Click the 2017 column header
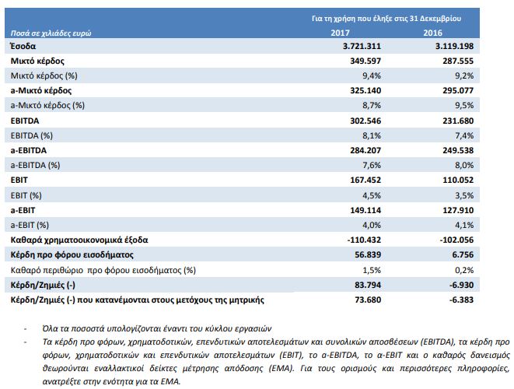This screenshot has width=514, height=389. tap(340, 33)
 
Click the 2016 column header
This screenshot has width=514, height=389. tap(432, 33)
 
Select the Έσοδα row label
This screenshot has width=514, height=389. tap(23, 46)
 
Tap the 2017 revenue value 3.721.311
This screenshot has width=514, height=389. tap(362, 46)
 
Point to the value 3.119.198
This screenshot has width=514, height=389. tap(454, 46)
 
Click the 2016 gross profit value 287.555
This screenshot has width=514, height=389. tap(458, 61)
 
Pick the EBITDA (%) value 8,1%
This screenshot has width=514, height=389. tap(372, 135)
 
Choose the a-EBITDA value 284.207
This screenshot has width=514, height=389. tap(365, 151)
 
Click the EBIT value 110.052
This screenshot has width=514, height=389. tap(458, 180)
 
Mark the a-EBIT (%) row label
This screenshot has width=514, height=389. tap(30, 225)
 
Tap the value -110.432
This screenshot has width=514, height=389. tap(364, 240)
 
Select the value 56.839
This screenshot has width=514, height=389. tap(368, 255)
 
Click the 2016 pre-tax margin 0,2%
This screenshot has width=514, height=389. tap(464, 270)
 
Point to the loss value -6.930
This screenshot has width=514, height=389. tap(461, 285)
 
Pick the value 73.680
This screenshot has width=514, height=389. tap(368, 300)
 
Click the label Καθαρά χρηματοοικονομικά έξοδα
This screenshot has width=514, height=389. tap(79, 240)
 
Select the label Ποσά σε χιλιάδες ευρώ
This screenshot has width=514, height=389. tap(51, 33)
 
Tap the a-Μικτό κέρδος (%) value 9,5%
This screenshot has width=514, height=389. tap(464, 105)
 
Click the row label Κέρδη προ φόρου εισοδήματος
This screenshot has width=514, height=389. tap(72, 255)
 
